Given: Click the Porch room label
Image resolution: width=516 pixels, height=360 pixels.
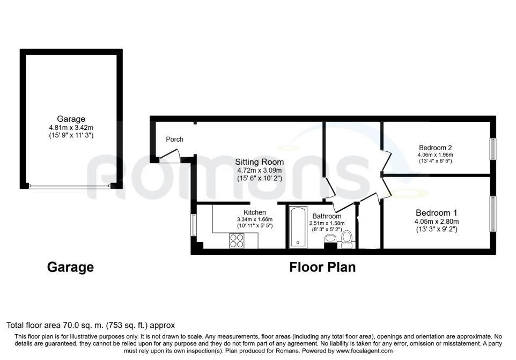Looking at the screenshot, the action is (174, 139).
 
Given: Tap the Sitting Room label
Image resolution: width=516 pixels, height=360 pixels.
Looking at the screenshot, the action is (259, 162).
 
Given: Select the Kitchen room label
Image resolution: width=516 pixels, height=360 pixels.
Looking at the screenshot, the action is (255, 212).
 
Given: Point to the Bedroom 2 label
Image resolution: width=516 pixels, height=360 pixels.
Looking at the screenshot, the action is (435, 148).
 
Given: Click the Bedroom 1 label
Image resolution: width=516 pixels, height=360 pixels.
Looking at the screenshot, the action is (437, 213).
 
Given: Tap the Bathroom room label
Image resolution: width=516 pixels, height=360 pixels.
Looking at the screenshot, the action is (327, 216).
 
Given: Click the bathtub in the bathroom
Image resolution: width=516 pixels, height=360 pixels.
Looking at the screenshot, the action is (298, 227).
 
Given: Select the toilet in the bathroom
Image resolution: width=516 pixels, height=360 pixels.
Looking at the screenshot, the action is (347, 239).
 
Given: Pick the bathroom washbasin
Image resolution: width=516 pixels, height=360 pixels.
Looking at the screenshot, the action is (330, 238).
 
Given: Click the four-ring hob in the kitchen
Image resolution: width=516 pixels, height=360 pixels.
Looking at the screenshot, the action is (237, 240).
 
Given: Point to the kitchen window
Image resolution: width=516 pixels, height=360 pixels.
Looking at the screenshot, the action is (194, 225).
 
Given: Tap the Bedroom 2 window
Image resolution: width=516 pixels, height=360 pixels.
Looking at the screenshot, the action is (492, 149).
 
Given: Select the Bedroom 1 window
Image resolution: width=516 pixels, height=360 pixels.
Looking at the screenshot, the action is (492, 214).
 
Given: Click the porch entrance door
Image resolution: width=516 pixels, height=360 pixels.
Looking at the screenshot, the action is (170, 155).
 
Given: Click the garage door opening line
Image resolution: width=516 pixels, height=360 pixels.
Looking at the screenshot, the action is (70, 186).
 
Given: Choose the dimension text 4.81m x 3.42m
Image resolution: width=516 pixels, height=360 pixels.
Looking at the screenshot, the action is (71, 127).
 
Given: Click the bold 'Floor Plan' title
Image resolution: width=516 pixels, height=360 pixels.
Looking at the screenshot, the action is (322, 267).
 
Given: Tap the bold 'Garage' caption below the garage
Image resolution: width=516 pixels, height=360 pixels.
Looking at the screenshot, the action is (70, 267).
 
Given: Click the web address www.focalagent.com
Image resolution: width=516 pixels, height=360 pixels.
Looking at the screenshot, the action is (364, 351).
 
